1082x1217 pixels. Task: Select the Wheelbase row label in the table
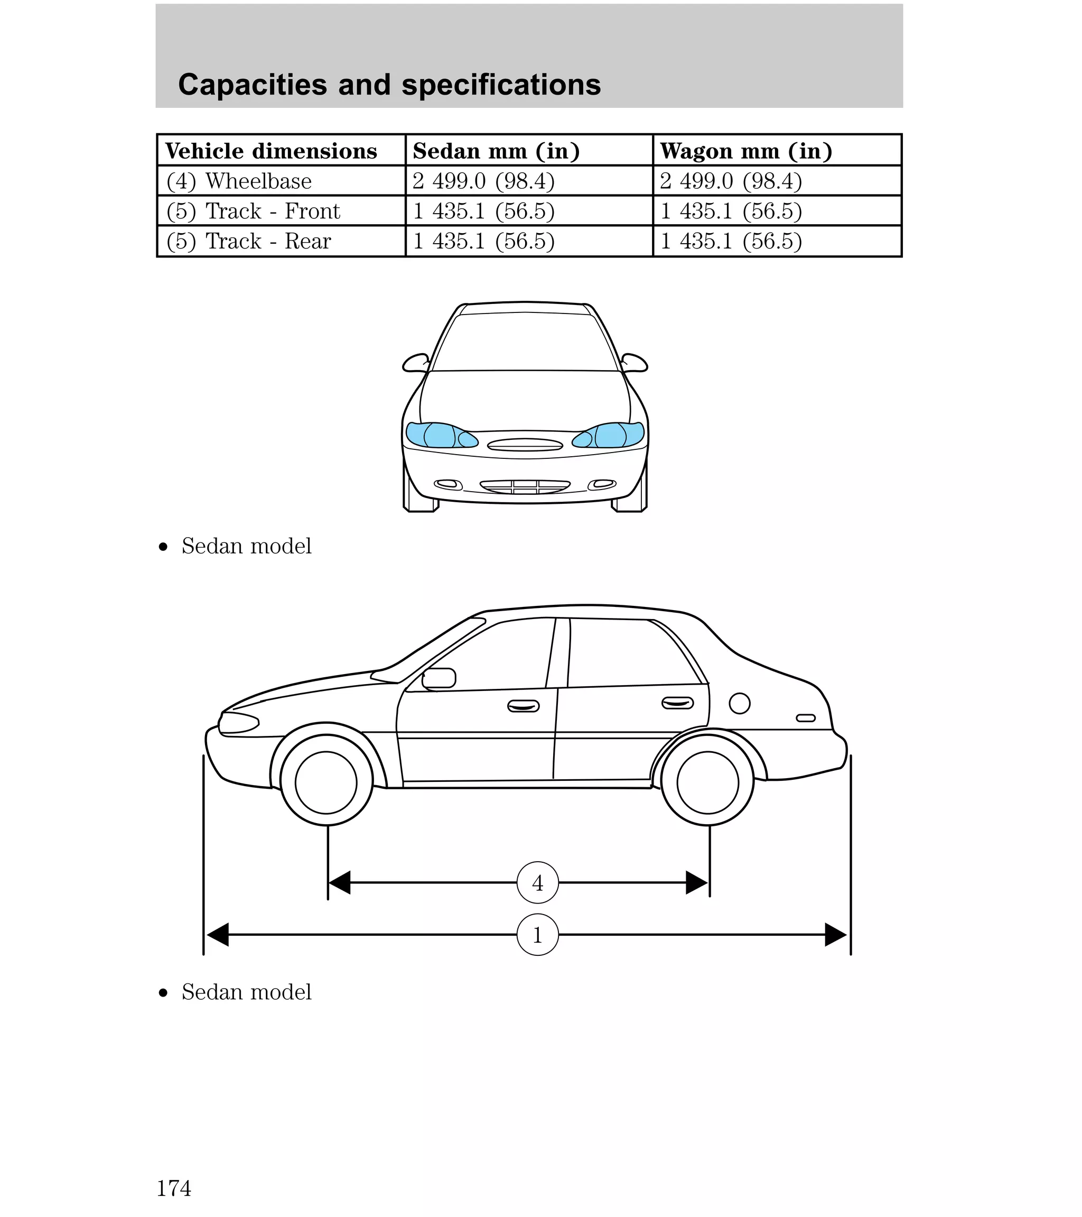click(239, 181)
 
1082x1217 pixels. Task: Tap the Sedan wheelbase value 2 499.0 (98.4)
click(483, 181)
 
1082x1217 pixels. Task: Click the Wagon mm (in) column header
click(747, 151)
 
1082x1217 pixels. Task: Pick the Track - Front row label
click(253, 211)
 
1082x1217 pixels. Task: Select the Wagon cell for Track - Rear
click(731, 241)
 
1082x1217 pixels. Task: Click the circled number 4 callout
click(537, 883)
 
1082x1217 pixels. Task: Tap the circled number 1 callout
click(537, 935)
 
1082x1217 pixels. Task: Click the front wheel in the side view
click(326, 782)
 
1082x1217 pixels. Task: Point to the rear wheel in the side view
click(707, 782)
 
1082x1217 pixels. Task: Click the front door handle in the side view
click(523, 706)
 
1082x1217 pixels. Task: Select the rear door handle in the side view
click(678, 703)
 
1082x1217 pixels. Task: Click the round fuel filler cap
click(739, 704)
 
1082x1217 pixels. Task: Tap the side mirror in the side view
click(439, 678)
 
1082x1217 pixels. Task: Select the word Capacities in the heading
click(253, 85)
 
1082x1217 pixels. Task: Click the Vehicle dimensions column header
click(272, 151)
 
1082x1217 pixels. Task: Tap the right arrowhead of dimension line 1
click(836, 935)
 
